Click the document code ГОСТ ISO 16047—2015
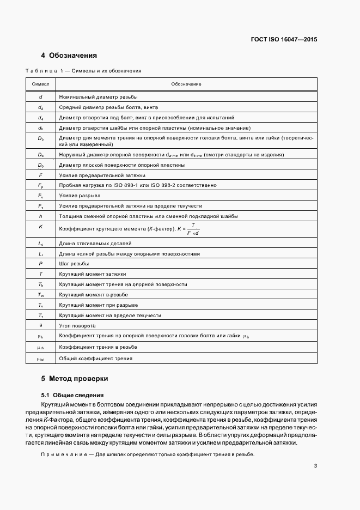click(x=284, y=39)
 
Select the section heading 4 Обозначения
click(x=69, y=56)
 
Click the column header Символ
click(x=41, y=84)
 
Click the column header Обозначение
click(x=186, y=84)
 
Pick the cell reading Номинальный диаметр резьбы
click(x=98, y=96)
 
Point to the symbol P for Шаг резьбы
click(x=41, y=263)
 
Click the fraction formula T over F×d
click(x=193, y=228)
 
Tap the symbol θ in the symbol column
click(x=41, y=325)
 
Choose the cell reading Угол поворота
click(x=77, y=325)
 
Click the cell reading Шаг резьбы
click(x=74, y=263)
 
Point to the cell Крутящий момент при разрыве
click(x=98, y=305)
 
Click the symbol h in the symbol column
click(x=41, y=216)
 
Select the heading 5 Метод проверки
click(x=75, y=378)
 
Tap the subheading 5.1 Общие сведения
click(x=72, y=394)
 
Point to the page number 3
click(x=315, y=466)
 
